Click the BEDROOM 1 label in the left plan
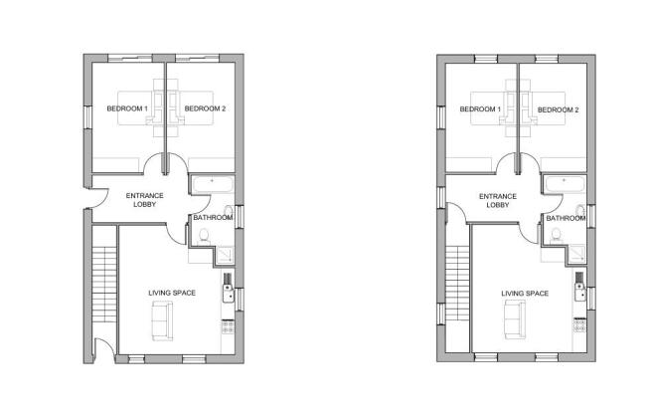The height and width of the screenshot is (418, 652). (127, 108)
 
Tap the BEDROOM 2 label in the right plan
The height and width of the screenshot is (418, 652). (558, 109)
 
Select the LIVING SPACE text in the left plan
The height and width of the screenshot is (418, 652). (172, 294)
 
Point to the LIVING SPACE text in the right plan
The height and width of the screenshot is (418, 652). (525, 294)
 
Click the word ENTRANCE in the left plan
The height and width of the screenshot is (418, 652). (145, 196)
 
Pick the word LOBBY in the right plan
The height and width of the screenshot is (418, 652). (498, 205)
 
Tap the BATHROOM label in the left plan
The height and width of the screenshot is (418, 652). (213, 218)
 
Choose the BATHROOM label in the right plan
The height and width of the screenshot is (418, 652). (566, 219)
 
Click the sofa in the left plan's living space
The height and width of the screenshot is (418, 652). (162, 321)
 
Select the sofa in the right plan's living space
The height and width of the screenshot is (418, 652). (515, 319)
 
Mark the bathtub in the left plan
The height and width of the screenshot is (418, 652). (213, 184)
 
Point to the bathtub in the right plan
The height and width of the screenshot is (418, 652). (566, 185)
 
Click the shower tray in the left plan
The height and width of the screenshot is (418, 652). (225, 255)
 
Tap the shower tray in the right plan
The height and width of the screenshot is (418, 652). (577, 255)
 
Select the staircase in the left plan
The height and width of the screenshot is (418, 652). (104, 285)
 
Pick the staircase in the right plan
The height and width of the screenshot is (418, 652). (457, 283)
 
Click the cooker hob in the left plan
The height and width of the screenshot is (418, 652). (228, 326)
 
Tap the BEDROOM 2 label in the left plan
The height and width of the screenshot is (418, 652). (205, 108)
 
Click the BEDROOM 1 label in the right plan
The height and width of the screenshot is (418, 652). (480, 109)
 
